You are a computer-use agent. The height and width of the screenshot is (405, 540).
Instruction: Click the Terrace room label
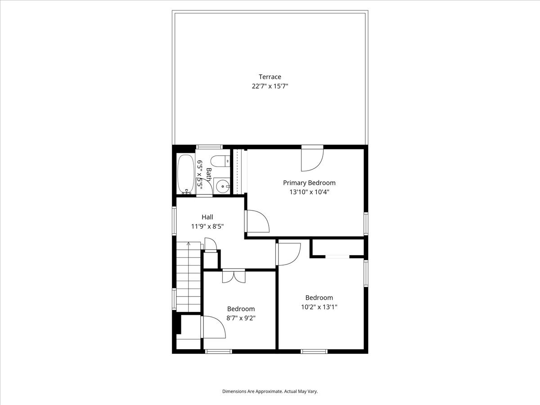click(270, 76)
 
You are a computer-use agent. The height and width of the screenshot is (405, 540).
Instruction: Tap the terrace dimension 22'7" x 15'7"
click(270, 86)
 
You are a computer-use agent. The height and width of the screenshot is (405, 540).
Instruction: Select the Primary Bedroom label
click(309, 183)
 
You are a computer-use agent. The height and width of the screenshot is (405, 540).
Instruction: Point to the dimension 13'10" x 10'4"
click(309, 192)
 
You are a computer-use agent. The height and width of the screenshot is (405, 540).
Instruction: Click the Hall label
click(207, 217)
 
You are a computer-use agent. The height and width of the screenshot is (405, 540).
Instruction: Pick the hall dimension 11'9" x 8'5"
click(207, 226)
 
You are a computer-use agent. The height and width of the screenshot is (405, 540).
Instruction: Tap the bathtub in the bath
click(186, 174)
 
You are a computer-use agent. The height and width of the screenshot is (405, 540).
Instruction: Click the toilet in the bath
click(220, 161)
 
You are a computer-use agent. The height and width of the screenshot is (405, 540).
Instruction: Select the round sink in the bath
click(223, 186)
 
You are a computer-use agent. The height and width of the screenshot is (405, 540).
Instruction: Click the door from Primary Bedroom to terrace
click(312, 158)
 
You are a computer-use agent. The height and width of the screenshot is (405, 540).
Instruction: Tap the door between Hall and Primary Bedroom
click(257, 221)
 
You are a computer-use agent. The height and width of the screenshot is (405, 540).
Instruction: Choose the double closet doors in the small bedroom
click(234, 276)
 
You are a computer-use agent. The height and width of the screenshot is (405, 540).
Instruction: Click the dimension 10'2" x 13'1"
click(319, 307)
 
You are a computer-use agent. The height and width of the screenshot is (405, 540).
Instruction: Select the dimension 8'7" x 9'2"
click(241, 318)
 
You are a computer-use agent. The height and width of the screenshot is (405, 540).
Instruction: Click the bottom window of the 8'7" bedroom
click(218, 351)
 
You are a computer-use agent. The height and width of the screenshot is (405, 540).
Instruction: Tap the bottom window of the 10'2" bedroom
click(314, 351)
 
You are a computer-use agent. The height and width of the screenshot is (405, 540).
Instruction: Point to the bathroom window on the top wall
click(209, 147)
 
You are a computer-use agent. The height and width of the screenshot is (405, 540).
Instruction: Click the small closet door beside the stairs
click(211, 244)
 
